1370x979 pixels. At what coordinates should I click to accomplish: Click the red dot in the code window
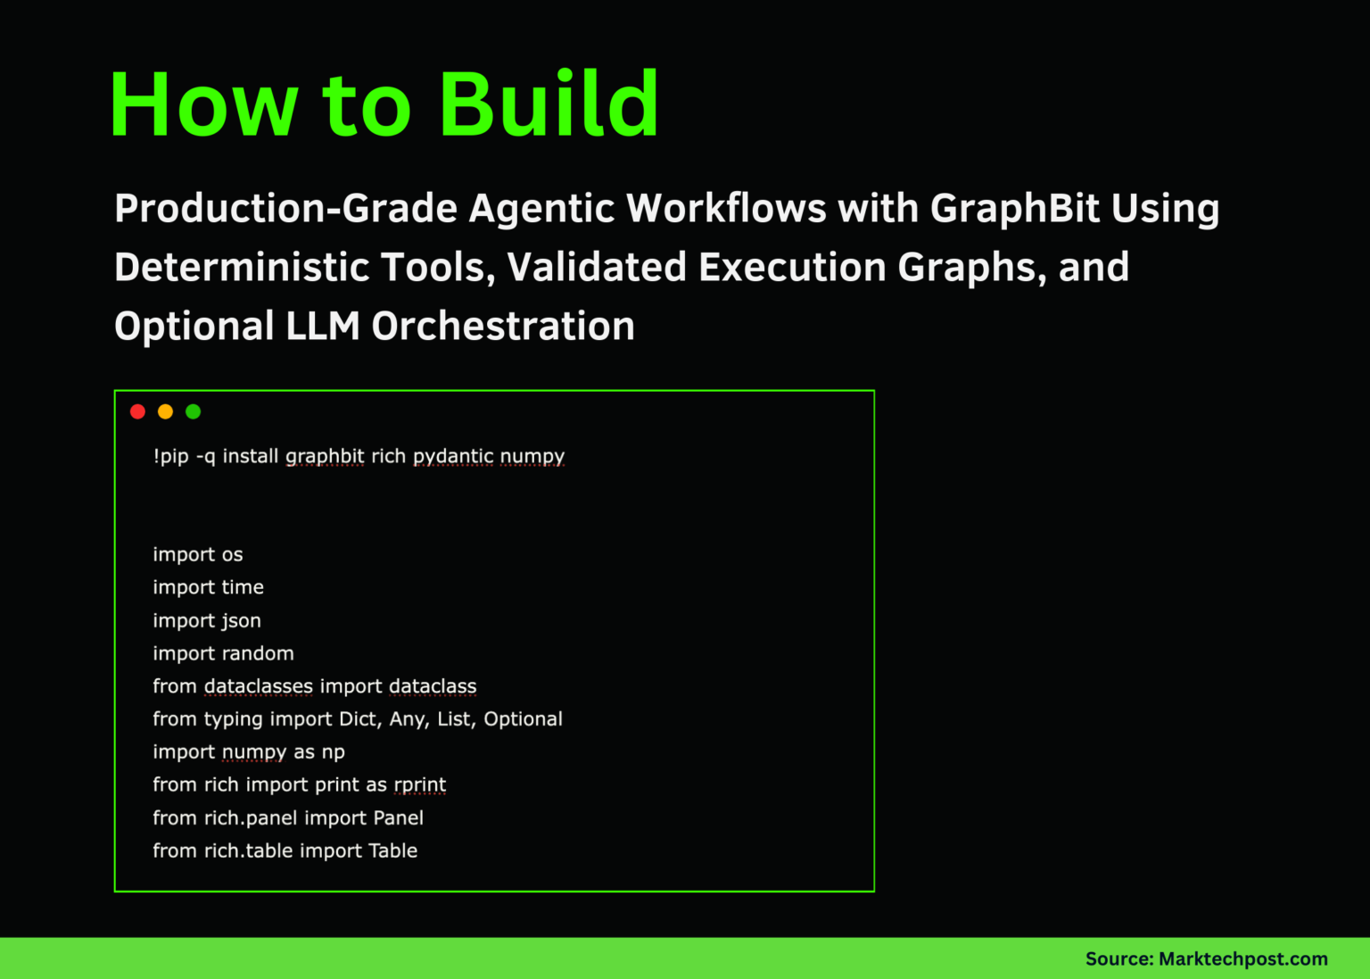tap(137, 411)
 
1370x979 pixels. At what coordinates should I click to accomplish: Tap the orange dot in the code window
tap(165, 411)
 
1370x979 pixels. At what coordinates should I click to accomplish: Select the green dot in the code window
tap(193, 411)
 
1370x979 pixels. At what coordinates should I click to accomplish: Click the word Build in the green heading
tap(549, 104)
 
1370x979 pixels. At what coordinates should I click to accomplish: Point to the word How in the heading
tap(203, 104)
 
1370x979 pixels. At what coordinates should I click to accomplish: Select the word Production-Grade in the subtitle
tap(285, 209)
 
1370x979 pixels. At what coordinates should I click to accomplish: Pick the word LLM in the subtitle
tap(322, 327)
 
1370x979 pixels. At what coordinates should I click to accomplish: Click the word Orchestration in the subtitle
tap(503, 327)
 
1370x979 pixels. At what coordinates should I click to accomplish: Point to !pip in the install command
tap(170, 456)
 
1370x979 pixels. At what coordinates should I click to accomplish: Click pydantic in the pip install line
tap(452, 457)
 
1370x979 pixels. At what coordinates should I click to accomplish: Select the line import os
tap(197, 554)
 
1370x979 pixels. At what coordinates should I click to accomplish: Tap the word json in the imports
tap(241, 621)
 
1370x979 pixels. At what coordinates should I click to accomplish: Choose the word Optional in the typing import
tap(523, 719)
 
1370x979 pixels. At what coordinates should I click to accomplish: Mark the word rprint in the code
tap(419, 785)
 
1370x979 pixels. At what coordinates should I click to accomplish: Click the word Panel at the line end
tap(398, 817)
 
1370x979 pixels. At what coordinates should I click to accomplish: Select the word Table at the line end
tap(392, 850)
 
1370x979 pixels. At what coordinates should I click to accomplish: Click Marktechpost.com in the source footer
tap(1242, 958)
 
